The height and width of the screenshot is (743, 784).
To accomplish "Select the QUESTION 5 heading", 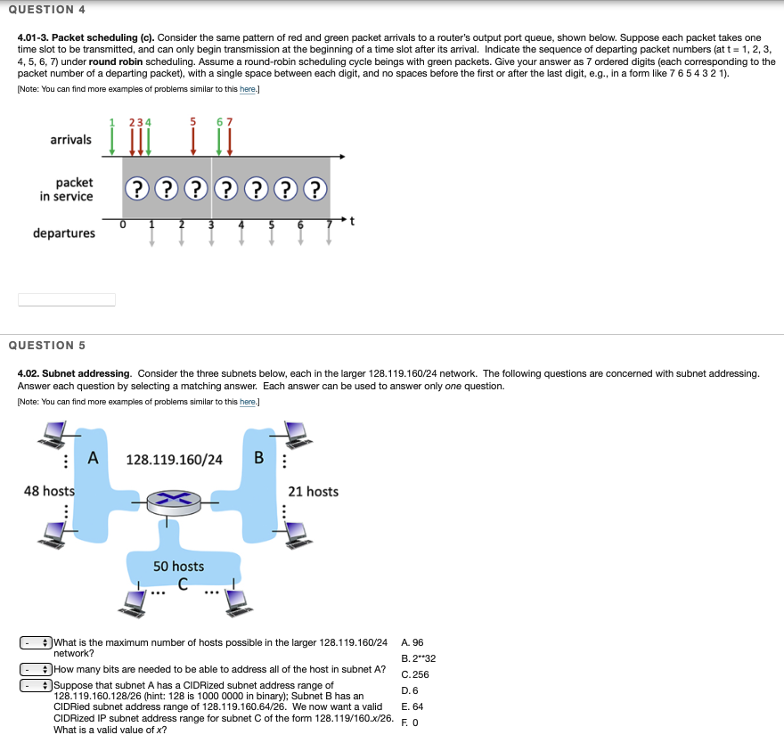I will point(46,345).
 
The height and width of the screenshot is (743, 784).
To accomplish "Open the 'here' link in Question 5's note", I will point(249,402).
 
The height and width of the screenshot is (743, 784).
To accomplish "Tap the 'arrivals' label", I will point(70,140).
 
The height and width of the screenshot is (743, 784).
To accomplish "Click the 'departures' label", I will point(64,233).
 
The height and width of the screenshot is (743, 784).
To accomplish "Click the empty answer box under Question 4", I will point(67,299).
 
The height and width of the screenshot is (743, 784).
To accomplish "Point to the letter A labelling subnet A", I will point(93,459).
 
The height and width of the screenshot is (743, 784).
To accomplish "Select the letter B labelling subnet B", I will point(258,459).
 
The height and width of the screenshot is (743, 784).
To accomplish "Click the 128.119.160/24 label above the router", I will point(175,460).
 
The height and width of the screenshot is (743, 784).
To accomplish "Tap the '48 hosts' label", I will point(49,491).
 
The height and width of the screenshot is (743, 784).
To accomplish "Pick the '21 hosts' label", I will point(313,492).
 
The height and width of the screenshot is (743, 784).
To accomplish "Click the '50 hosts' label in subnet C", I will point(178,567).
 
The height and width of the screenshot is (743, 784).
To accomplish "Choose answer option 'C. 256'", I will point(415,674).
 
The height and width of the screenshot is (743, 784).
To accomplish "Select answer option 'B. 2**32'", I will point(418,658).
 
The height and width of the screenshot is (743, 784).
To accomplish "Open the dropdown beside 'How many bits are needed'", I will point(35,668).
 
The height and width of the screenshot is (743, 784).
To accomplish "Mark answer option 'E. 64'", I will point(412,706).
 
